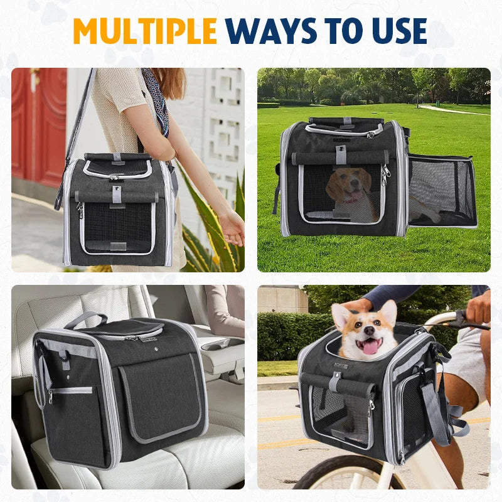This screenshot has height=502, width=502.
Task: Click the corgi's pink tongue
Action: pyautogui.click(x=370, y=346)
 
